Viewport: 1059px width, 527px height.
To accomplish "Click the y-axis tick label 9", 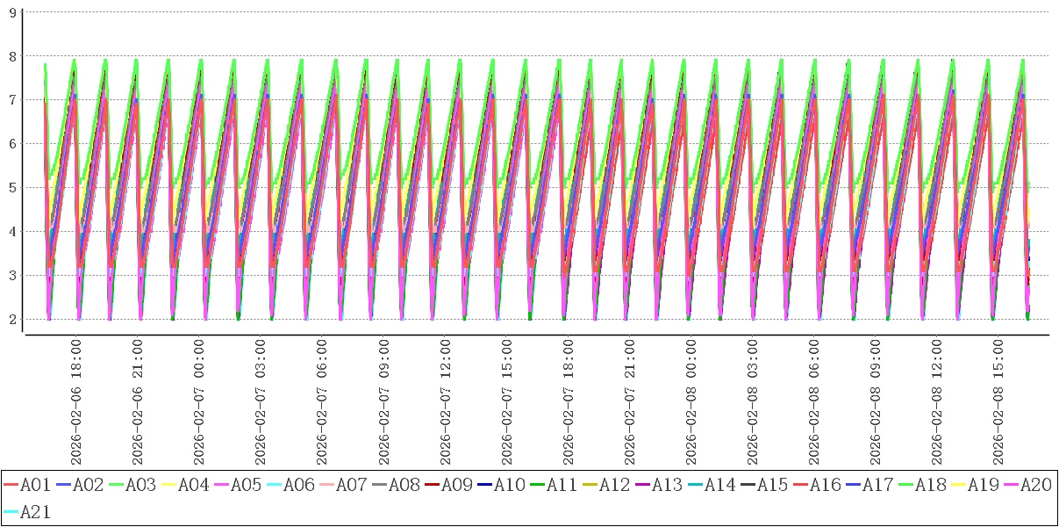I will point(11,12).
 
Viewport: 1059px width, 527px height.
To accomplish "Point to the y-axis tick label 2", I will point(11,320).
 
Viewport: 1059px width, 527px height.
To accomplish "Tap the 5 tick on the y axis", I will point(11,188).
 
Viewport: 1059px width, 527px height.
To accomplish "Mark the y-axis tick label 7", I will point(11,100).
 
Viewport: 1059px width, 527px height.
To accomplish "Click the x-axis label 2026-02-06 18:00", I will point(76,401).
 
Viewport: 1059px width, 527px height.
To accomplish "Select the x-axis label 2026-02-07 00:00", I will point(199,401).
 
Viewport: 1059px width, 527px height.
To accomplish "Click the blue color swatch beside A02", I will point(63,485).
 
